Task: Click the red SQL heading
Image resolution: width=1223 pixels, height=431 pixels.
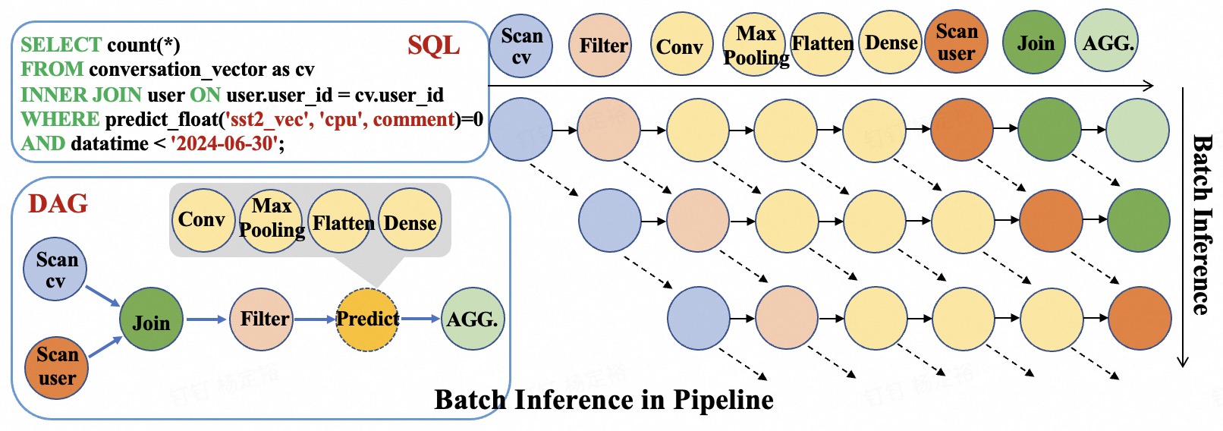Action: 433,46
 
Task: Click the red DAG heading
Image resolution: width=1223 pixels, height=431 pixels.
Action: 58,203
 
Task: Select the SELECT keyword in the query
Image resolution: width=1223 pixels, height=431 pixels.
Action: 61,45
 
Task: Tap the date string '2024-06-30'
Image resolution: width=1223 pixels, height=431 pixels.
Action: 225,143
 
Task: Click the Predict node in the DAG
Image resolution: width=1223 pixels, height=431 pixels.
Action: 367,319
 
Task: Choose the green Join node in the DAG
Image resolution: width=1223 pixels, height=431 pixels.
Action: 151,319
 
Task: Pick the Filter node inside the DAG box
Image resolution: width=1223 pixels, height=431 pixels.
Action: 262,319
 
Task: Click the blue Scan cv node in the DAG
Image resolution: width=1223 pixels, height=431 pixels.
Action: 55,269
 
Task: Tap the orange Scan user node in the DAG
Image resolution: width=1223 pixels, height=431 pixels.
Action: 57,367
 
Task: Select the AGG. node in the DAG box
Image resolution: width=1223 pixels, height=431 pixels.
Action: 472,319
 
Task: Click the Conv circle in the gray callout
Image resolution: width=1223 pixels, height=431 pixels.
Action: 203,220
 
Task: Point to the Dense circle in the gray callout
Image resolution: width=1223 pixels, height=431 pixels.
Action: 410,222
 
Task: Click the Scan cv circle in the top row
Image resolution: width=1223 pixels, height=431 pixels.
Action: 521,46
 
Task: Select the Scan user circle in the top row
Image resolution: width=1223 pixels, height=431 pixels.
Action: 956,42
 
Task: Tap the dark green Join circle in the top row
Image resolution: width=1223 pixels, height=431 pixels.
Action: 1034,43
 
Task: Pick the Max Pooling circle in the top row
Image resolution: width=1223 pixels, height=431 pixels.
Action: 756,45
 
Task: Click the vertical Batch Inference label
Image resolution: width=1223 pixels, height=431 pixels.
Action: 1201,225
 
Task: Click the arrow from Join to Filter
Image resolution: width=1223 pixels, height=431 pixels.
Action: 206,319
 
